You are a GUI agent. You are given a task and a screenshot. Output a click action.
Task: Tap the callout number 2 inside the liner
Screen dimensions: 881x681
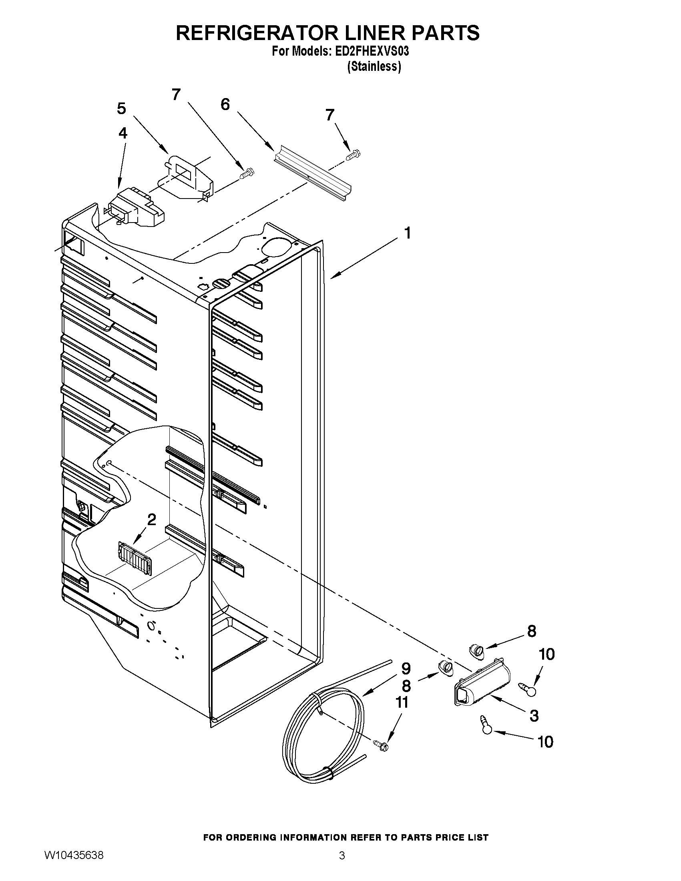151,520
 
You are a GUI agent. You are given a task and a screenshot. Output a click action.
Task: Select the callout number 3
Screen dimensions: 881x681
534,716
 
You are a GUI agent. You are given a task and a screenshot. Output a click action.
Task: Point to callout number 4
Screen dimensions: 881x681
123,134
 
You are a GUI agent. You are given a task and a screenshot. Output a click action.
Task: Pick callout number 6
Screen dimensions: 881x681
225,104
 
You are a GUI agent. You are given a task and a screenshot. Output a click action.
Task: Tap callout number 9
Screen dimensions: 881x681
406,668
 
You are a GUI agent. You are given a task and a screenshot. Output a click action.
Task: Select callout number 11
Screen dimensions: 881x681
402,702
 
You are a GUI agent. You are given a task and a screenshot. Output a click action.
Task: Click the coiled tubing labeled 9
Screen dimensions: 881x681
323,742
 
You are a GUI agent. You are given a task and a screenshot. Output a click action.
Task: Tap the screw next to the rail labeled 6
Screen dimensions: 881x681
354,154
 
